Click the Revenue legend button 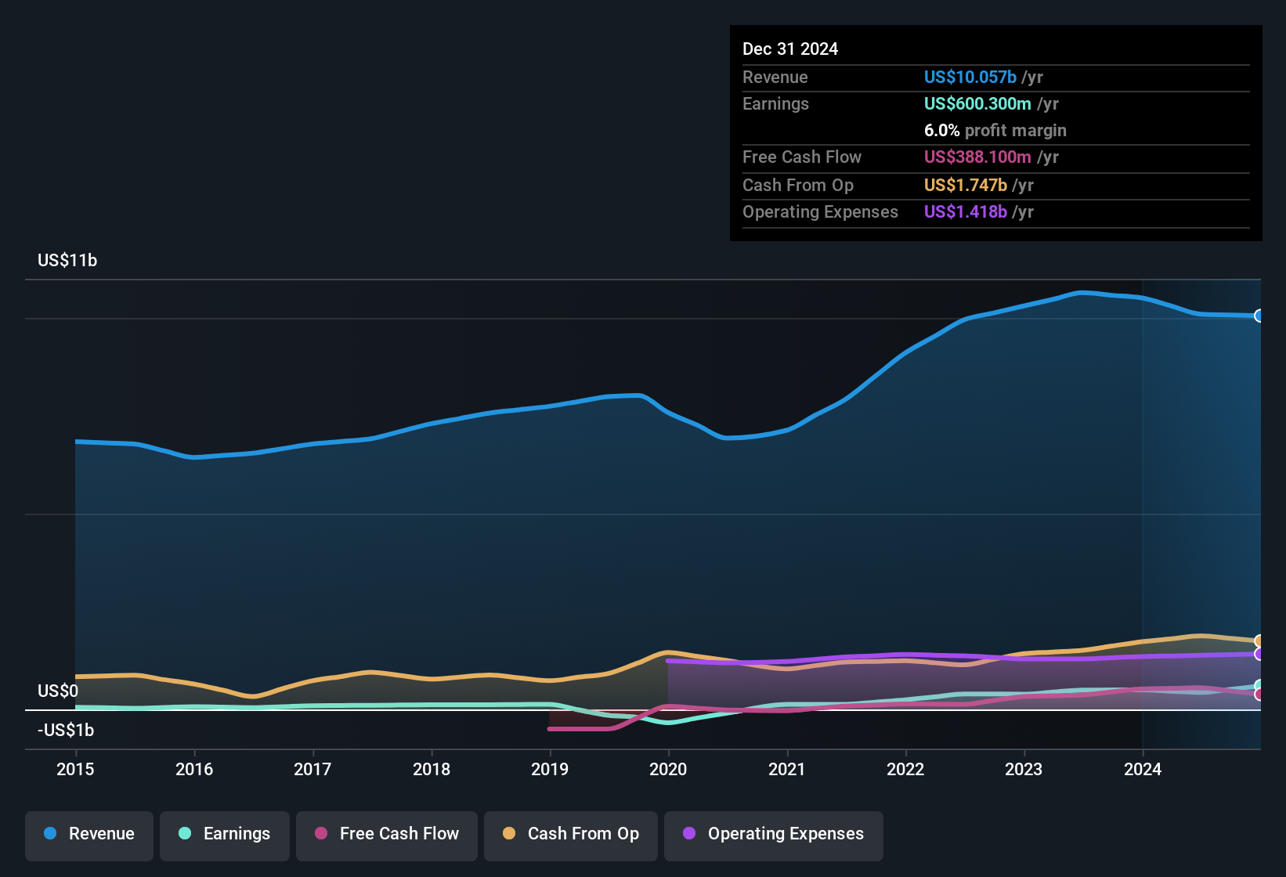[89, 834]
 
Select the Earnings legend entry [225, 834]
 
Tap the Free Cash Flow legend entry [387, 834]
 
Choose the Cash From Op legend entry [571, 834]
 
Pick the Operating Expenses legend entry [774, 834]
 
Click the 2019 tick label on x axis [550, 769]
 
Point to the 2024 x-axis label [1143, 769]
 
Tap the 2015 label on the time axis [75, 769]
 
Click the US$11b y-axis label [67, 261]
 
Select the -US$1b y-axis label [66, 731]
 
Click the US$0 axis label [58, 691]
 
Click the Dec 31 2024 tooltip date [789, 49]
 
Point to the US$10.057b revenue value [970, 78]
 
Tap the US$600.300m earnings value [977, 104]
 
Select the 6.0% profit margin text [995, 131]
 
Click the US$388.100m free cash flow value [977, 157]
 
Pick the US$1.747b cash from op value [965, 186]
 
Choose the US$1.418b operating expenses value [965, 212]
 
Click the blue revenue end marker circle [1259, 316]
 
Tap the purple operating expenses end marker [1259, 654]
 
